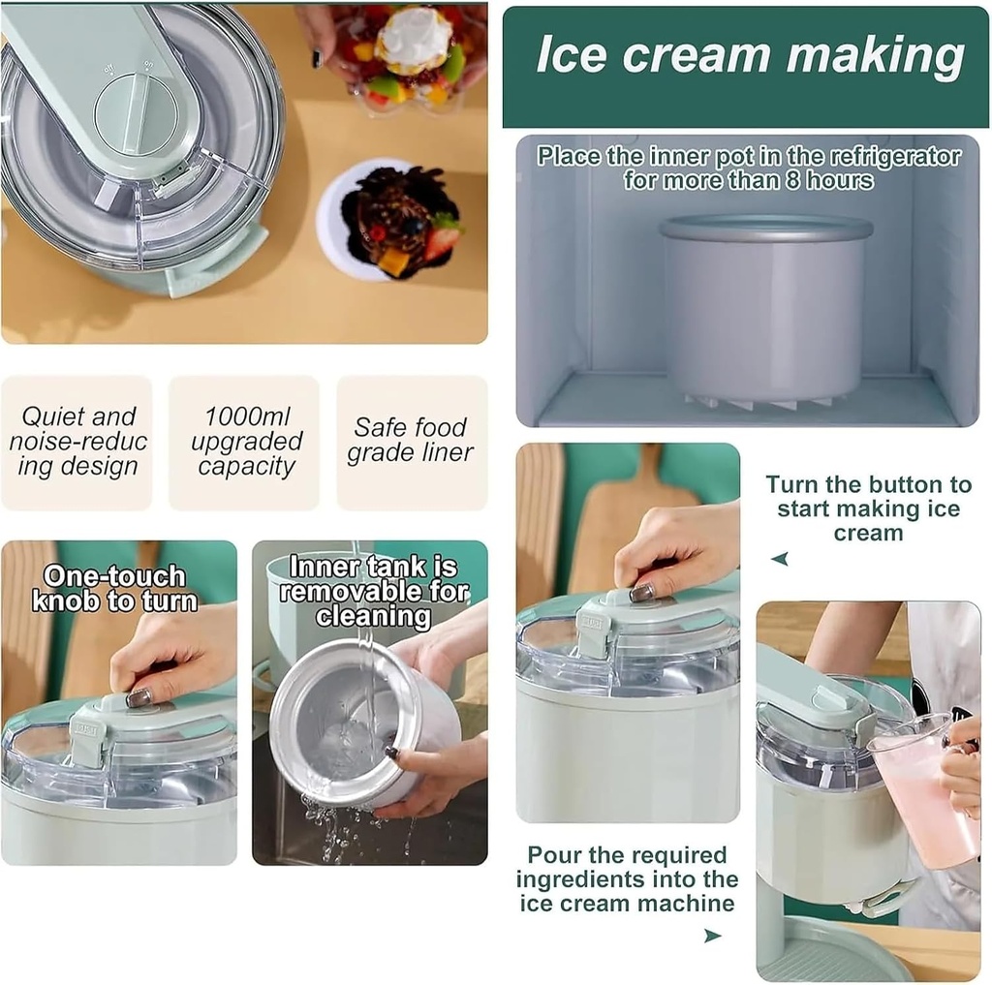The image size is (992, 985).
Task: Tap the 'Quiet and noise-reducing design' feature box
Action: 77,443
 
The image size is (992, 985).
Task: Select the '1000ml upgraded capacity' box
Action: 245,443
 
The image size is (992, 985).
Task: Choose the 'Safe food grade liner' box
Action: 412,441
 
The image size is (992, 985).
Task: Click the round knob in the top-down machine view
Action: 134,112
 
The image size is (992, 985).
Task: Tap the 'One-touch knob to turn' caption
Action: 114,589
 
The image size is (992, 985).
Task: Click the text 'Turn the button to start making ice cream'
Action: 868,508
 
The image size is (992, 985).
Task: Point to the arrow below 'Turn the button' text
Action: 780,559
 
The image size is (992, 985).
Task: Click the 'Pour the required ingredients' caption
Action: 627,879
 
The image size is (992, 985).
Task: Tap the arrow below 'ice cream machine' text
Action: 712,936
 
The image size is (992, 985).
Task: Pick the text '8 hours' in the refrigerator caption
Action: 828,180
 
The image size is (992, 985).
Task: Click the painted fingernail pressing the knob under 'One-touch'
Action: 139,697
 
